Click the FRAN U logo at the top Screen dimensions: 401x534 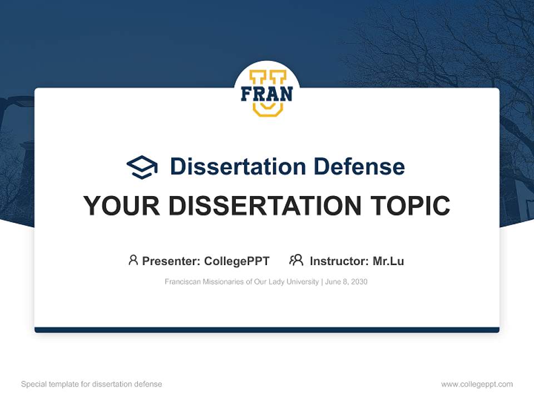pyautogui.click(x=266, y=92)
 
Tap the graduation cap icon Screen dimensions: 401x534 pyautogui.click(x=142, y=167)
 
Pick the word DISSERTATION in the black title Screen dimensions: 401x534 pyautogui.click(x=263, y=206)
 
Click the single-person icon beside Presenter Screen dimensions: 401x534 pyautogui.click(x=133, y=260)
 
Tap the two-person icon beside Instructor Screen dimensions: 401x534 pyautogui.click(x=296, y=260)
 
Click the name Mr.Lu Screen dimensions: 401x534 pyautogui.click(x=388, y=261)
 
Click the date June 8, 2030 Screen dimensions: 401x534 pyautogui.click(x=347, y=282)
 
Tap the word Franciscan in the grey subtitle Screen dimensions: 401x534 pyautogui.click(x=180, y=282)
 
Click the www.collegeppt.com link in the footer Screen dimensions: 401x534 pyautogui.click(x=477, y=384)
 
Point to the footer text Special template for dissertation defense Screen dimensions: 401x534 pyautogui.click(x=91, y=384)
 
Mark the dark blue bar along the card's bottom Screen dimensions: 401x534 pyautogui.click(x=267, y=330)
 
